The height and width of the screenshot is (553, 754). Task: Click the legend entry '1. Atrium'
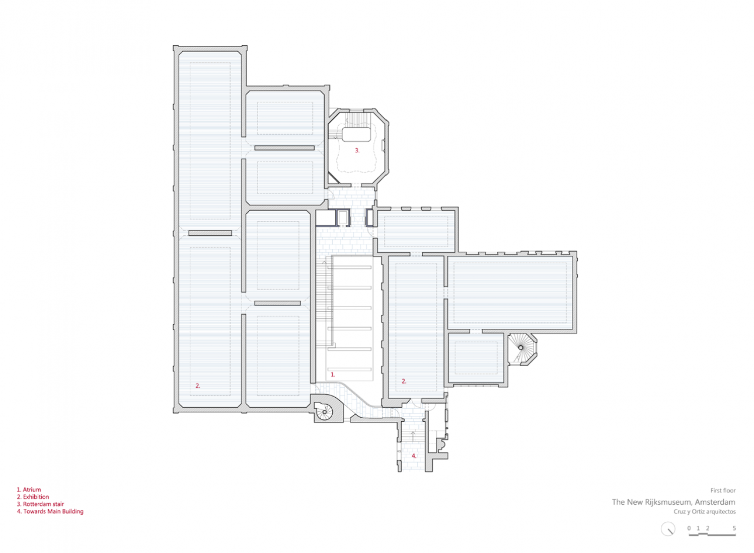click(x=29, y=489)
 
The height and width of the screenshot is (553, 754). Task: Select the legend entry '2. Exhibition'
click(x=33, y=497)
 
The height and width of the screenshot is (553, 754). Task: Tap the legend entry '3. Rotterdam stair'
click(x=40, y=504)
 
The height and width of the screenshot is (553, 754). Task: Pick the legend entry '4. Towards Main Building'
click(x=50, y=511)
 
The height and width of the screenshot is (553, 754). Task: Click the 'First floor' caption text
click(x=723, y=490)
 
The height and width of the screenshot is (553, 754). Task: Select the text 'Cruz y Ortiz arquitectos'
click(x=705, y=512)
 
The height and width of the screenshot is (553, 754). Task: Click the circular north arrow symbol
click(x=668, y=529)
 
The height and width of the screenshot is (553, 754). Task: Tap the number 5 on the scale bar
click(x=734, y=528)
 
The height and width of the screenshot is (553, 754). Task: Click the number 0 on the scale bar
click(x=689, y=528)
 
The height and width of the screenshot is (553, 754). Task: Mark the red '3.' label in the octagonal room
click(x=357, y=150)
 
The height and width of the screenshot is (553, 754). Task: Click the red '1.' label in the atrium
click(x=333, y=375)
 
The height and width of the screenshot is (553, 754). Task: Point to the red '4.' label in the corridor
click(x=414, y=456)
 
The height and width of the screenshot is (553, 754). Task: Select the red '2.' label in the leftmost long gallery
click(x=198, y=386)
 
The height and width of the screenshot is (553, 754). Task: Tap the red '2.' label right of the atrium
click(x=404, y=381)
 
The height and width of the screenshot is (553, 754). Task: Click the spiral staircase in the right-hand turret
click(x=521, y=347)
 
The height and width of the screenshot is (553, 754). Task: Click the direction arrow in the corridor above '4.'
click(x=413, y=435)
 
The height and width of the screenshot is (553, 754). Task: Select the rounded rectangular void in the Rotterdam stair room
click(x=356, y=134)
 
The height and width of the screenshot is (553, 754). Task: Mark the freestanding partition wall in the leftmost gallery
click(x=210, y=233)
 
